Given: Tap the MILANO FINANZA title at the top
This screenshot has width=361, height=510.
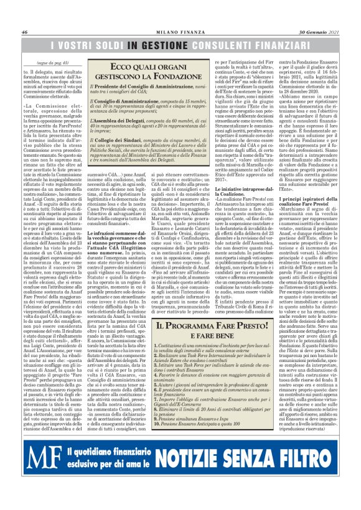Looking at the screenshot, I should point(180,32).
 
